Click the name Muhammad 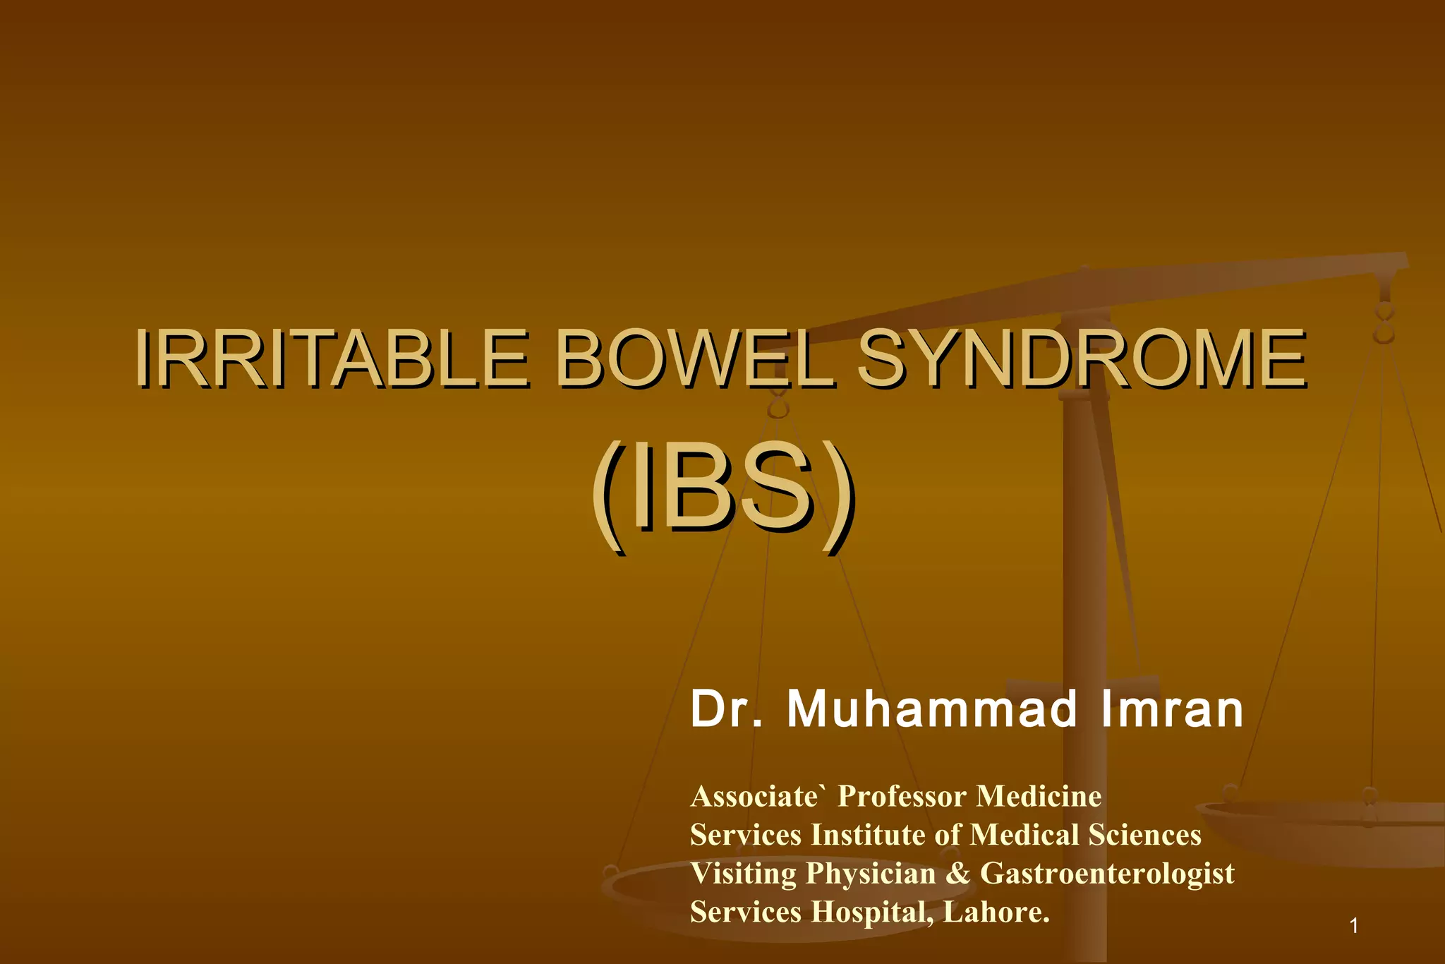[931, 709]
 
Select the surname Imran [1172, 709]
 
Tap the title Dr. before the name [727, 709]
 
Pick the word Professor [902, 796]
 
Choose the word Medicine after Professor [1039, 796]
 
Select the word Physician [871, 874]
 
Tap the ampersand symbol [958, 874]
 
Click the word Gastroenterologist [1107, 874]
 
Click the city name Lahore [995, 912]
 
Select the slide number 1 [1353, 925]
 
